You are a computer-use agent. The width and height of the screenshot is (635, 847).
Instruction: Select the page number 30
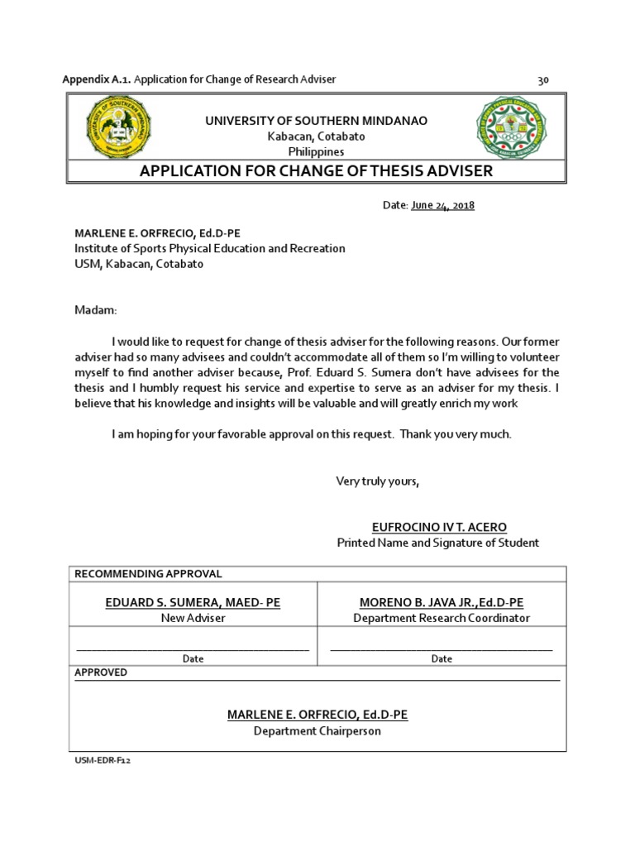[543, 80]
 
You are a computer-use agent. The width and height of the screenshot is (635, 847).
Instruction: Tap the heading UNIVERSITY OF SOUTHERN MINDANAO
[316, 121]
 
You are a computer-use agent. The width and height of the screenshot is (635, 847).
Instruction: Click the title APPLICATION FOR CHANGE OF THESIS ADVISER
[316, 171]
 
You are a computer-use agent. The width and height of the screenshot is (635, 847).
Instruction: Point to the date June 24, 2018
[442, 205]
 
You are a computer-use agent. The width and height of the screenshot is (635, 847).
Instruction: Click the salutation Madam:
[97, 309]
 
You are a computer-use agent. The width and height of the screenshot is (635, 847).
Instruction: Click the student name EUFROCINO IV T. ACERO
[440, 527]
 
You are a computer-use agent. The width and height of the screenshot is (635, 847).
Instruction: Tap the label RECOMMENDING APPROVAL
[149, 574]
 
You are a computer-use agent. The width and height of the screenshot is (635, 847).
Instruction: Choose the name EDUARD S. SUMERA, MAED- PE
[193, 603]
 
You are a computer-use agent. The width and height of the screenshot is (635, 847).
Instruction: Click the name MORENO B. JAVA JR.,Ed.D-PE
[442, 603]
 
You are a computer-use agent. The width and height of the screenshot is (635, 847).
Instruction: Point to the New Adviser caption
[193, 618]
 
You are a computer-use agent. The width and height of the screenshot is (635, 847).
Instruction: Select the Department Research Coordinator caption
[442, 618]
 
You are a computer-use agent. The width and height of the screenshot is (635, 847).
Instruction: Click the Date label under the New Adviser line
[193, 659]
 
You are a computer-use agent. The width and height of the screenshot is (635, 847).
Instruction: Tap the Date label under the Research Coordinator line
[442, 659]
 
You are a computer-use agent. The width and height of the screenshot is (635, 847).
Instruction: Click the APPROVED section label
[101, 672]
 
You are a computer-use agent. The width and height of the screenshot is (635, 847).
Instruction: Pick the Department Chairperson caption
[317, 731]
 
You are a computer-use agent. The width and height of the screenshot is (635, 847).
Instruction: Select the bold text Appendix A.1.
[98, 79]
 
